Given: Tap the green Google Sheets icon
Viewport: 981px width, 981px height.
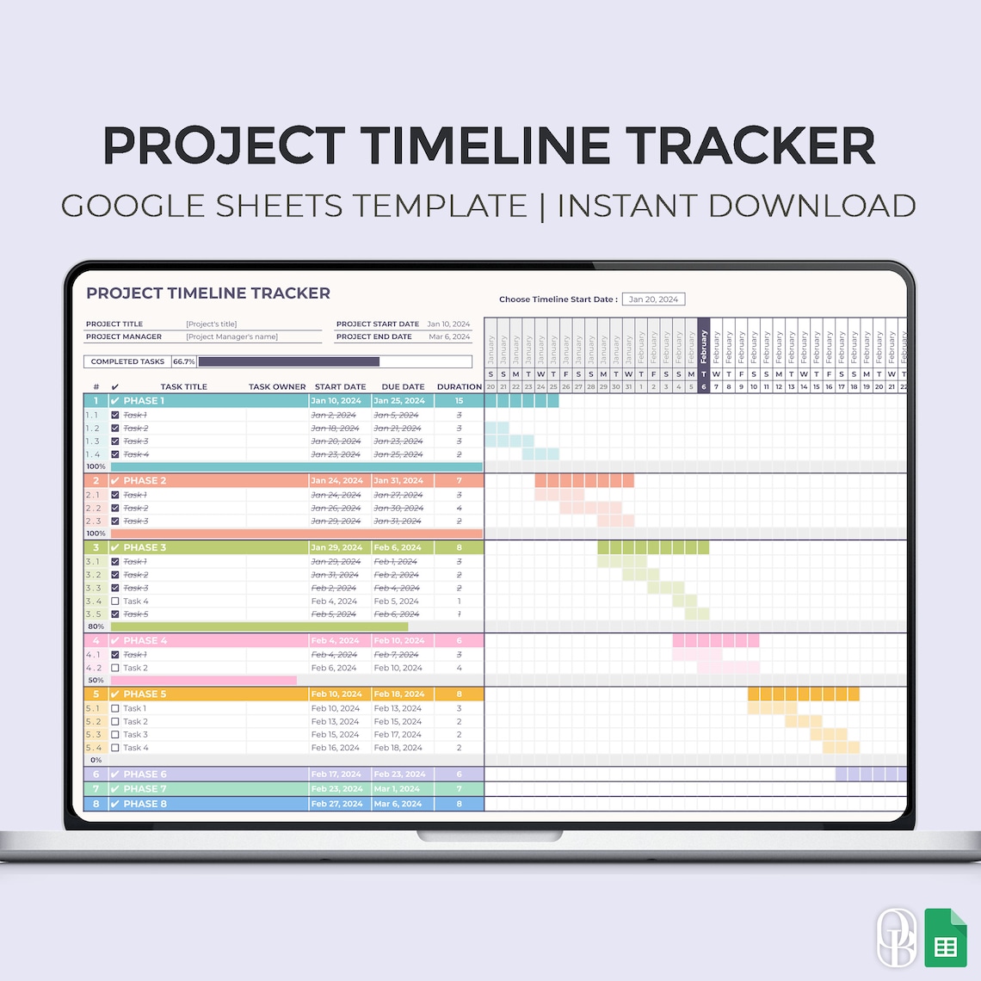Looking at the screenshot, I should pos(945,937).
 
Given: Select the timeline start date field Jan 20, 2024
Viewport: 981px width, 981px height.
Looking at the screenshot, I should pos(653,299).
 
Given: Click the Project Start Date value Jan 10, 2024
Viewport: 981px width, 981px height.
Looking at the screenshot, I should pos(448,324).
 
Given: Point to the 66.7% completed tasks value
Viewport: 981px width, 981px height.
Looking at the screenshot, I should pos(183,361).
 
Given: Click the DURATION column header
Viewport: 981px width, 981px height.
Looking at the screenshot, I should pos(459,387).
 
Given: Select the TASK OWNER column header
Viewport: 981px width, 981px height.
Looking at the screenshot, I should pos(277,387).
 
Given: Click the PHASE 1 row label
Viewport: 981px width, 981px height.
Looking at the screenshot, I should pos(143,401).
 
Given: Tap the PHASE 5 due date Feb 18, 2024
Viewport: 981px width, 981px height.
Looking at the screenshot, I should pos(399,694).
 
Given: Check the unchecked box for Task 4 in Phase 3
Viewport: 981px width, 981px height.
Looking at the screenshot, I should pos(115,602).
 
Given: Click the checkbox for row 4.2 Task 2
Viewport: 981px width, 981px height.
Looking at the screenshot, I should pos(115,668).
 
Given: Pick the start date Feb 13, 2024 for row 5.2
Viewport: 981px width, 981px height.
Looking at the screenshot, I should pos(335,722).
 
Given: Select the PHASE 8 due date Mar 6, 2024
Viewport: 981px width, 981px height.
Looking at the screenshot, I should pos(398,804).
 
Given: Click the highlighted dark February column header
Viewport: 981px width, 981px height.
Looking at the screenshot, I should pos(703,348).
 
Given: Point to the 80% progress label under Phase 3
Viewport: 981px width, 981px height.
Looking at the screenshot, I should pos(96,626).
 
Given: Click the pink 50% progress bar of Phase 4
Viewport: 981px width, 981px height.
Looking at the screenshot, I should pos(203,680).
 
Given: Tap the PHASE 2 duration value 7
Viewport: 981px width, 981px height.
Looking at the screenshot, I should pos(459,481).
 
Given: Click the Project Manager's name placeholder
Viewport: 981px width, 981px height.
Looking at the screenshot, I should pos(231,336).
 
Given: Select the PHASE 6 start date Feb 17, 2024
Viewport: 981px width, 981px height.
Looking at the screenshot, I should pos(336,774).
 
